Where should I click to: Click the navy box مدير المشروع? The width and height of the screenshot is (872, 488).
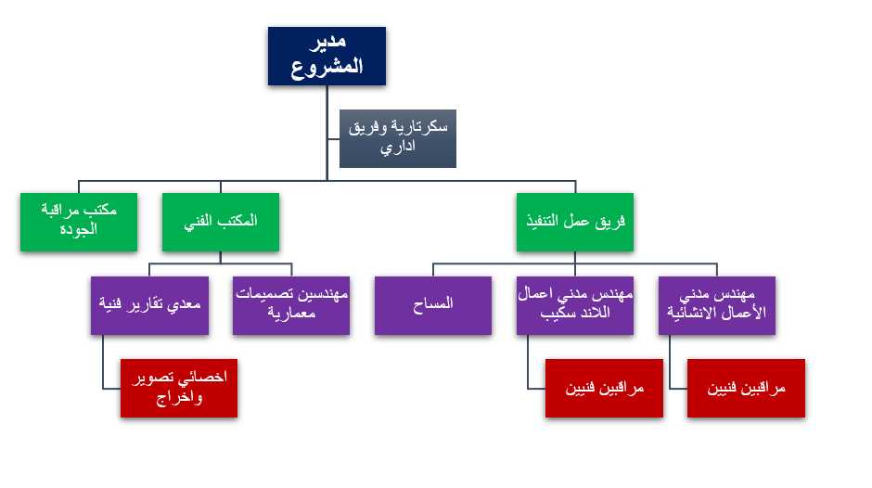[x=327, y=56]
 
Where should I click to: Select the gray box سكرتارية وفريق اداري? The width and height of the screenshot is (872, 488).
[x=397, y=138]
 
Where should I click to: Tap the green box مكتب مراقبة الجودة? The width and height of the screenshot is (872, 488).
[x=79, y=222]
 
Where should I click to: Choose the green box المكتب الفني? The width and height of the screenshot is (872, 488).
[x=221, y=222]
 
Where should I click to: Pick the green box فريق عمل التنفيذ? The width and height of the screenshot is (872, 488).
[x=575, y=222]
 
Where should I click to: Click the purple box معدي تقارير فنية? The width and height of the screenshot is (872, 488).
[x=149, y=305]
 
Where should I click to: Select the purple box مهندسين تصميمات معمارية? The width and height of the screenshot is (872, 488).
[x=291, y=305]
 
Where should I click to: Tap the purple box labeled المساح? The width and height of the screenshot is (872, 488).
[x=433, y=305]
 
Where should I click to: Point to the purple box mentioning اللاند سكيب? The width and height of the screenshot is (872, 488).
[x=575, y=305]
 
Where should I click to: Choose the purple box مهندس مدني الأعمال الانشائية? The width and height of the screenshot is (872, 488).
[x=717, y=305]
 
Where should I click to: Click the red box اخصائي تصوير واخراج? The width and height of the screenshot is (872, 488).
[x=179, y=388]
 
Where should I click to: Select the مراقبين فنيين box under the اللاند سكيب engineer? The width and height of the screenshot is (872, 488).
[x=604, y=388]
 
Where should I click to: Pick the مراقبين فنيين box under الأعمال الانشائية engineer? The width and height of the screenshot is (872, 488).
[x=746, y=388]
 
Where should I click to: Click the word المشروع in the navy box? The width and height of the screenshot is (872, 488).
[x=327, y=68]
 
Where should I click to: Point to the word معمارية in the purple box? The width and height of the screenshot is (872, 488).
[x=291, y=314]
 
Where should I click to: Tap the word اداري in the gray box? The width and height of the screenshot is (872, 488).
[x=397, y=148]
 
